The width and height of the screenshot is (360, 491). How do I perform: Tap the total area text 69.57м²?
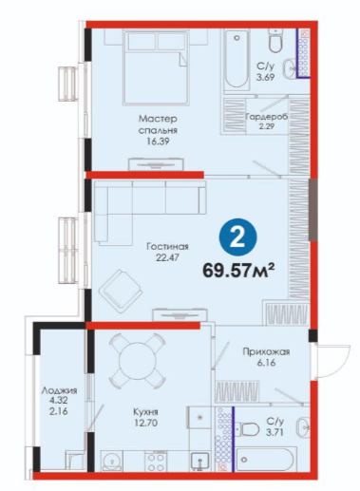coord(238,270)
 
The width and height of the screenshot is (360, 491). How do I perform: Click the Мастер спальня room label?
coord(158,124)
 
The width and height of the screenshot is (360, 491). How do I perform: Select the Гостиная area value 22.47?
coord(167,257)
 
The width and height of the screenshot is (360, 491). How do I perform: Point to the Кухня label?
coord(145,412)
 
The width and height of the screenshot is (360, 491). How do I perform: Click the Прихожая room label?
coord(266,351)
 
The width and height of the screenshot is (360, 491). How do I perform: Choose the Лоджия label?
coord(59,390)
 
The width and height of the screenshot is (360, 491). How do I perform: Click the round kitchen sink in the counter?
coord(111,462)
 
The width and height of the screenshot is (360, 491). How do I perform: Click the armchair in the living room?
coord(121,289)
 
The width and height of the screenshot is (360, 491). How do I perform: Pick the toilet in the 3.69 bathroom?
coord(275,41)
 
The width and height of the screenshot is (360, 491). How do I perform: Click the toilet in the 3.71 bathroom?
coord(248,429)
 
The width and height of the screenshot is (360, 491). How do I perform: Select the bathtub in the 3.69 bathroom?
coord(237,60)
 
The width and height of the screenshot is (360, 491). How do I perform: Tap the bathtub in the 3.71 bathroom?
coord(267,459)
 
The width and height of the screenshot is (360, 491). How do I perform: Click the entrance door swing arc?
coord(340,361)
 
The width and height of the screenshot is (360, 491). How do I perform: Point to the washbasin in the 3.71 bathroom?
coord(303,427)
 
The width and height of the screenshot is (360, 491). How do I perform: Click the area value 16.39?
coord(158,142)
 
